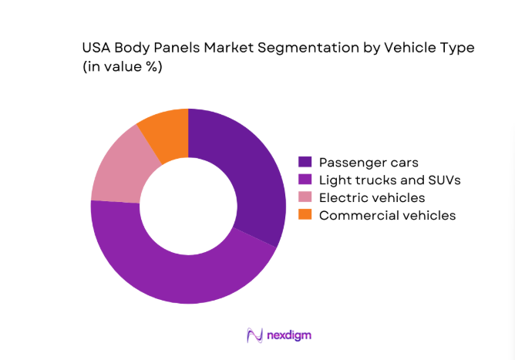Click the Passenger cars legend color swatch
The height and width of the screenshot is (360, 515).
[305, 163]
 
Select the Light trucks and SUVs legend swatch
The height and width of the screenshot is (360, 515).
[305, 180]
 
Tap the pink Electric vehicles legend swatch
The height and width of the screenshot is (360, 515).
[305, 198]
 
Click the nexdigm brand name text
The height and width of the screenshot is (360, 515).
[290, 335]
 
